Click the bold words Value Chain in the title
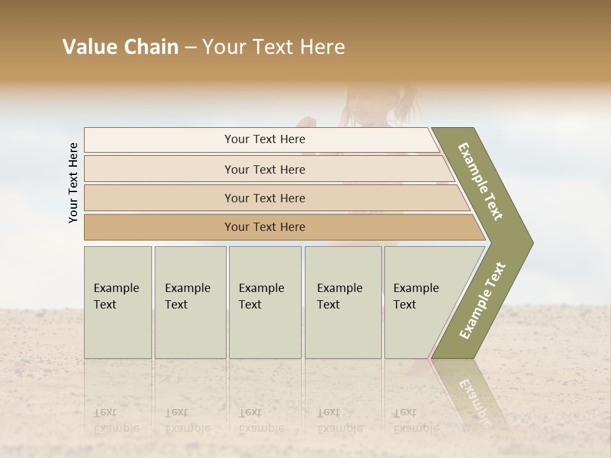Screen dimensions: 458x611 (x=120, y=47)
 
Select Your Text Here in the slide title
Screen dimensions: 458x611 (x=274, y=47)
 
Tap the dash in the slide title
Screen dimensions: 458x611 (x=190, y=48)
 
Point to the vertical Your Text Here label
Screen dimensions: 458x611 (x=73, y=183)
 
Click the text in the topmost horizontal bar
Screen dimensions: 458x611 (x=265, y=139)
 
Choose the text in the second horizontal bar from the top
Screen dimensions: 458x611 (x=265, y=169)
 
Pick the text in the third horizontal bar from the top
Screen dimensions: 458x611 (x=265, y=198)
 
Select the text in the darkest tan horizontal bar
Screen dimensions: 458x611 (x=265, y=227)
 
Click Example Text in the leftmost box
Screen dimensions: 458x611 (x=116, y=296)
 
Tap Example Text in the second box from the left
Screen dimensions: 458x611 (x=187, y=296)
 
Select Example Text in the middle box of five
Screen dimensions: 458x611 (x=261, y=296)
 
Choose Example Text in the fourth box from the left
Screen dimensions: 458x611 (x=339, y=296)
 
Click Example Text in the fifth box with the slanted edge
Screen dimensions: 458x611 (x=416, y=296)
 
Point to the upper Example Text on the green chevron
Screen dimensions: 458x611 (x=481, y=181)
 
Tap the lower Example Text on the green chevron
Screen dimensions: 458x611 (x=482, y=301)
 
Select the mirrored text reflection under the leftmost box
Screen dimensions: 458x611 (x=116, y=420)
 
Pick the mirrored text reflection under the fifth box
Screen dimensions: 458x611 (x=416, y=420)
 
